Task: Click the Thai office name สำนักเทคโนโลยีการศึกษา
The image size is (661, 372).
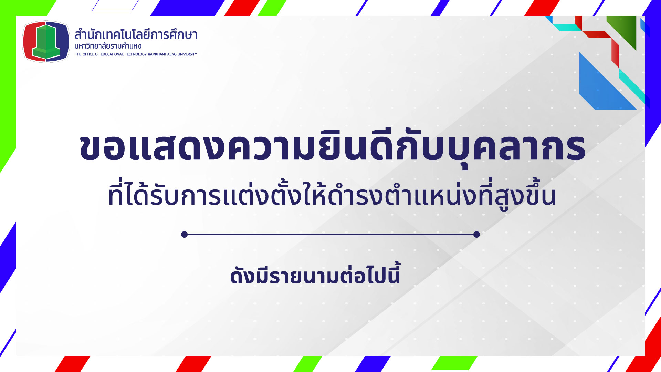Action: (136, 34)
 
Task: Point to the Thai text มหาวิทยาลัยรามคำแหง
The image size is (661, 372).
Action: (108, 46)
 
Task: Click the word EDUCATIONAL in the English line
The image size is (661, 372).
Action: (112, 54)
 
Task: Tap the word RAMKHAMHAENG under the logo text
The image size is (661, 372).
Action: (162, 54)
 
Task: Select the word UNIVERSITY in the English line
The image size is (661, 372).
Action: (187, 54)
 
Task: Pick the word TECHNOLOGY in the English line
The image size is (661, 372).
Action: (136, 54)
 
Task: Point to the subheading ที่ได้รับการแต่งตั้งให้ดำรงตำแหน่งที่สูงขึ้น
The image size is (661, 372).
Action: (332, 195)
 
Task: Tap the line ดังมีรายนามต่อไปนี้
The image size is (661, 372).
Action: (315, 275)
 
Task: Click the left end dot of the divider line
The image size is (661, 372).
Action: (185, 235)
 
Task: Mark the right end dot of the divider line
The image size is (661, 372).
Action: (476, 235)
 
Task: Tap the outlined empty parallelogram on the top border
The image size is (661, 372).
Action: (115, 6)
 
